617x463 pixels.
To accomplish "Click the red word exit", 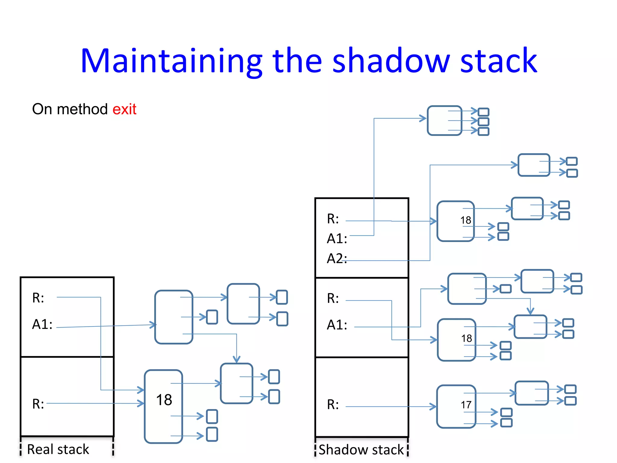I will point(124,109).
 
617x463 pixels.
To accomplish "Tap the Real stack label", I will point(58,449).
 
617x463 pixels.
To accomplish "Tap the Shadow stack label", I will point(361,449).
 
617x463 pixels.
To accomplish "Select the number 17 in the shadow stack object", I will point(466,405).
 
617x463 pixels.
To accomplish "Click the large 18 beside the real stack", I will point(164,400).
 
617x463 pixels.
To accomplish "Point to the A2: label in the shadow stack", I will point(337,259).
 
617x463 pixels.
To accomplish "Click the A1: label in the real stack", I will point(42,324).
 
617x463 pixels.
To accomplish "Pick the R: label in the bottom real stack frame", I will point(38,404).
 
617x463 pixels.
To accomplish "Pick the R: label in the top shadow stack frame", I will point(333,219).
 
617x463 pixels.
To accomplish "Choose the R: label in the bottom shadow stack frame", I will point(333,405).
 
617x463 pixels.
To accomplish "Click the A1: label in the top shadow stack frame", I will point(337,239).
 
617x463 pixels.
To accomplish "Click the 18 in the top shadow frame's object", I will point(465,220).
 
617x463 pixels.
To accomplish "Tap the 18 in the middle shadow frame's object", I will point(466,339).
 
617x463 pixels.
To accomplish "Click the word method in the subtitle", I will point(82,109).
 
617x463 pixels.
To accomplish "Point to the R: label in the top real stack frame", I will point(38,298).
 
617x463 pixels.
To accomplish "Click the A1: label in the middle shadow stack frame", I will point(337,325).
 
